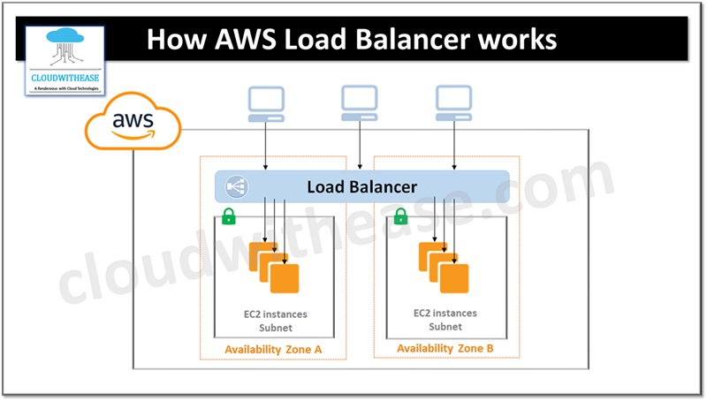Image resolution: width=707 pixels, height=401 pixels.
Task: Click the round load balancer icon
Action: [x=237, y=186]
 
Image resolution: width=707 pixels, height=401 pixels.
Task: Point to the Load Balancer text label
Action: [x=361, y=186]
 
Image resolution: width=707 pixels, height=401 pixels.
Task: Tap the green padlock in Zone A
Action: [x=228, y=216]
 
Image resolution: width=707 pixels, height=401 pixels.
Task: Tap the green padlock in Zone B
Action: [x=400, y=216]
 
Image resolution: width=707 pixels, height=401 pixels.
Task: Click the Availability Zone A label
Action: [x=273, y=349]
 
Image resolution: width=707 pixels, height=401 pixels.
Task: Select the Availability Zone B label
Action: [x=445, y=348]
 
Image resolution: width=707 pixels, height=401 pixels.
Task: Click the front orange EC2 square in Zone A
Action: [x=285, y=279]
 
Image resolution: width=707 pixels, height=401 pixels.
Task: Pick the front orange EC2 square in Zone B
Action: [x=454, y=278]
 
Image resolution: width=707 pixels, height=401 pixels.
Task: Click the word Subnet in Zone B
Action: [x=445, y=326]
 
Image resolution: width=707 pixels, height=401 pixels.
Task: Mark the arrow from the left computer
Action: [x=265, y=145]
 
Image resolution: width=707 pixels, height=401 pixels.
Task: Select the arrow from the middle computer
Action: [x=359, y=145]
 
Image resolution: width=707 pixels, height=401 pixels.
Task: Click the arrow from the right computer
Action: [x=454, y=145]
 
